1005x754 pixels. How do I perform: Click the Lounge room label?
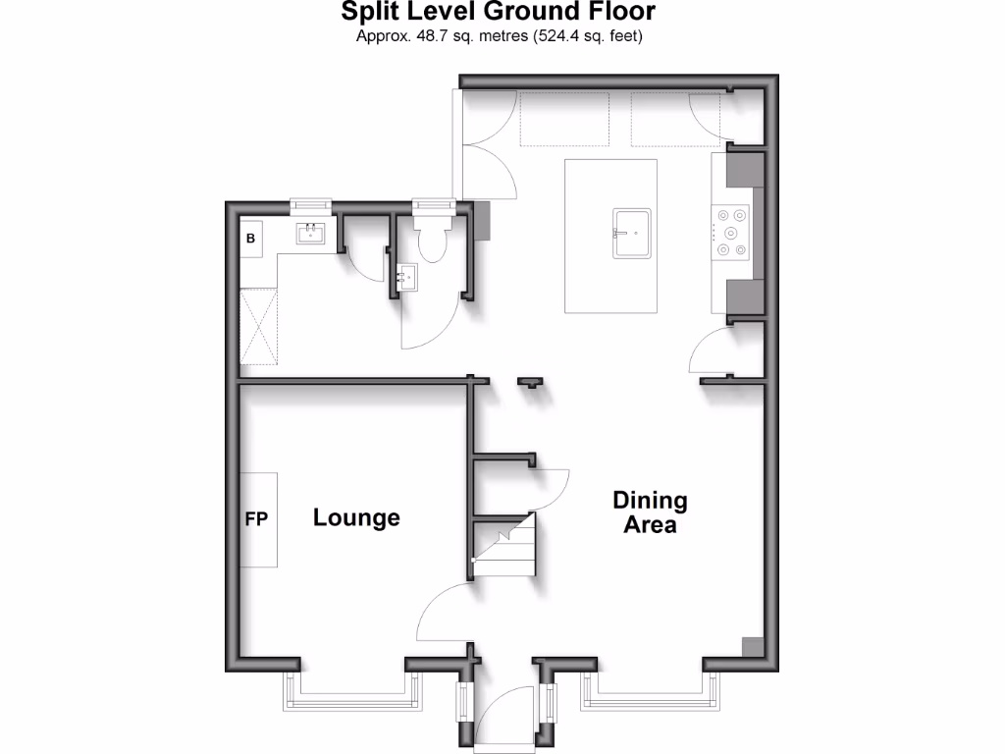pos(356,517)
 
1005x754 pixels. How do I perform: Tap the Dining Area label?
pos(650,512)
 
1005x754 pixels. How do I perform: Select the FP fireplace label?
pos(256,519)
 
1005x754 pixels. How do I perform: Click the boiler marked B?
pos(250,239)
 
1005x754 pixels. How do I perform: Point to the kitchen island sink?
pos(632,234)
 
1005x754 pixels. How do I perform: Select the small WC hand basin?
pos(406,278)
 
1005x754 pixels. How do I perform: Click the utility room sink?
pos(312,233)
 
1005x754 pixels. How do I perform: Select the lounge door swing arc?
pos(444,614)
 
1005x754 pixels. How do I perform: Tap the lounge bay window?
pos(353,695)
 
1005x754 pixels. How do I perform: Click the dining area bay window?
pos(652,695)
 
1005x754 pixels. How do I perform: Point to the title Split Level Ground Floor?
pos(498,13)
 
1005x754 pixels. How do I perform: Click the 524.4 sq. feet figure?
pos(589,36)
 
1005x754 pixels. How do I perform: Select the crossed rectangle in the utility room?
pos(258,327)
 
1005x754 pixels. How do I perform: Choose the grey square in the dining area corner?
pos(751,647)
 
